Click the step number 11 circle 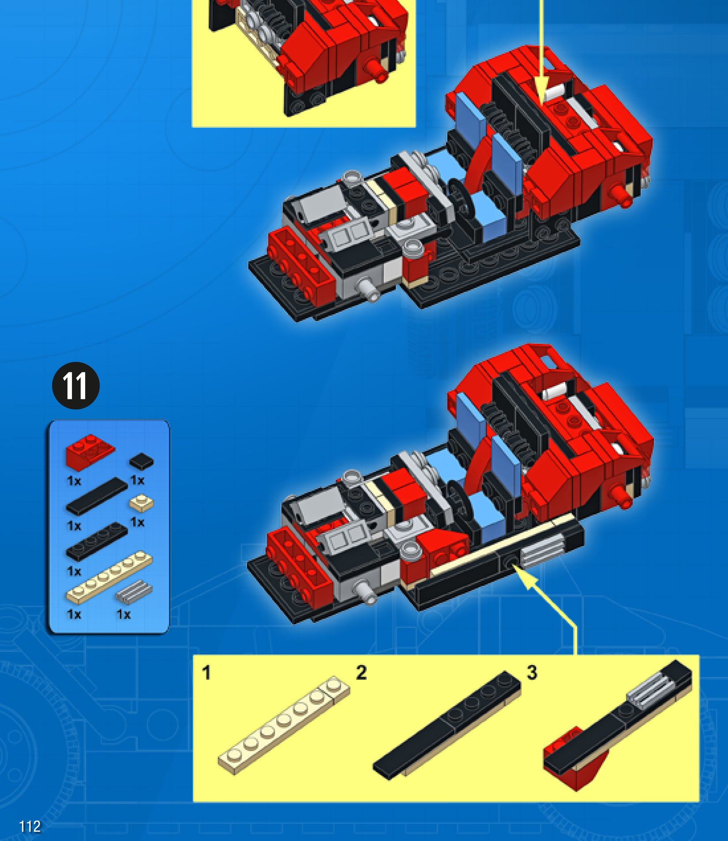76,385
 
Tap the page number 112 30,826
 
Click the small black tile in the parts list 141,461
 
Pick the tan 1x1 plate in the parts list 141,503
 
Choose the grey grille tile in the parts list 134,592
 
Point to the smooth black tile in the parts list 97,496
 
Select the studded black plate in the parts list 97,542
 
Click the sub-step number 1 206,673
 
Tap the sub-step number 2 361,672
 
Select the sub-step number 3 532,672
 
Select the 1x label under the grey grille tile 124,614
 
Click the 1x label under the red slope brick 74,481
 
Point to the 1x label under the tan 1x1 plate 137,522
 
